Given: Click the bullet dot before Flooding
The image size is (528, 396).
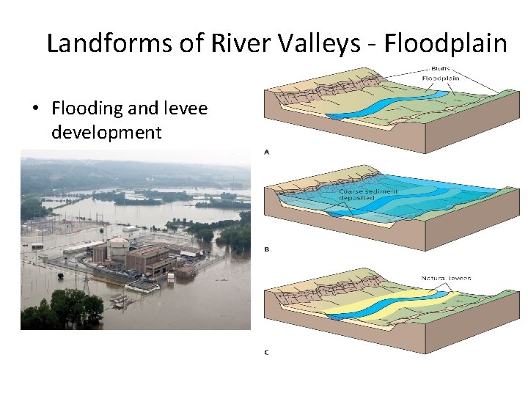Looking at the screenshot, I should click(34, 109).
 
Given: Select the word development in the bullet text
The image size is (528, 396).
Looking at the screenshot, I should click(107, 132).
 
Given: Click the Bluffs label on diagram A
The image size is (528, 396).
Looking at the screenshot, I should click(434, 69).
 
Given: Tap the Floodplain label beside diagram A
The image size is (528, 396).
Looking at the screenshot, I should click(440, 78).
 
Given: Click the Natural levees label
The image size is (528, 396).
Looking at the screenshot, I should click(446, 278).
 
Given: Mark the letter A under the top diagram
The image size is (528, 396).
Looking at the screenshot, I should click(266, 152).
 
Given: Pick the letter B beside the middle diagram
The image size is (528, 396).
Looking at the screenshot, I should click(266, 249).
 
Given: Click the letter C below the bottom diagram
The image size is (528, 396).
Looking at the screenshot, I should click(266, 352).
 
